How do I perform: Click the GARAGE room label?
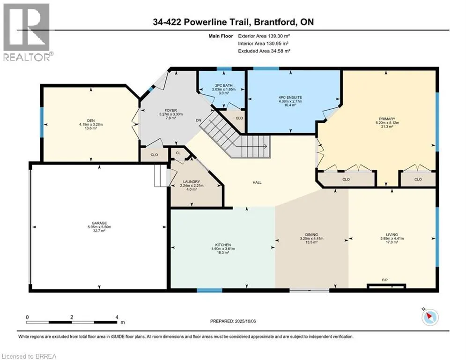[99, 223]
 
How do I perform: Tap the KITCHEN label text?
[223, 245]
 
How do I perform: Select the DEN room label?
[91, 121]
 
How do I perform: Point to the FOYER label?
[171, 110]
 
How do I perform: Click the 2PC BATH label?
[224, 85]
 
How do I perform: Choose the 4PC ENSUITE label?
[290, 97]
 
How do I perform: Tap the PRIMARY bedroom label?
[387, 119]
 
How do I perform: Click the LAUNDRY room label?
[192, 181]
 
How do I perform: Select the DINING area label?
[311, 234]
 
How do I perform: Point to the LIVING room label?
[392, 234]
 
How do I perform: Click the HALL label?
[257, 182]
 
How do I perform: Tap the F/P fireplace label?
[385, 280]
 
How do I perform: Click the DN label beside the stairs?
[199, 120]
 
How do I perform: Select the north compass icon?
[430, 316]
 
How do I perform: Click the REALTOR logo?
[27, 32]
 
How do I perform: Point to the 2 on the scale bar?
[72, 317]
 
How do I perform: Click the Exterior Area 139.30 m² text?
[264, 36]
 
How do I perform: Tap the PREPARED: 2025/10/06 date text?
[233, 321]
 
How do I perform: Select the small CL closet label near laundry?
[178, 153]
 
